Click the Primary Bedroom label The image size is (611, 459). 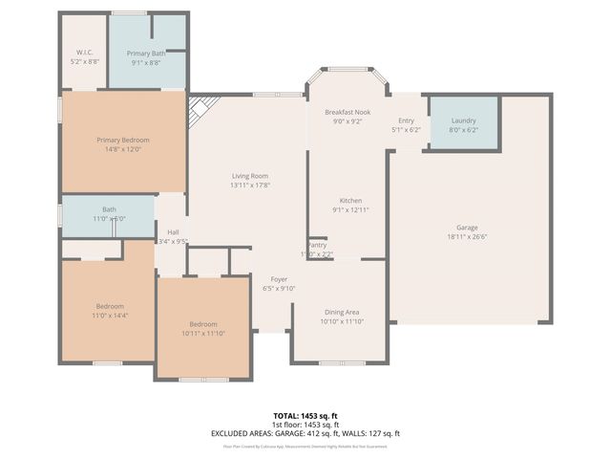point(123,140)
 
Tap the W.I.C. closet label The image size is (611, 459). point(83,53)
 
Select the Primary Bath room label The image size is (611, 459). point(146,54)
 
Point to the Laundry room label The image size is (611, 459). point(463,120)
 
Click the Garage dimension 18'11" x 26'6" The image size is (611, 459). point(467,237)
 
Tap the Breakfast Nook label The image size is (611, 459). point(345,112)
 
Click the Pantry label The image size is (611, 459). point(317,245)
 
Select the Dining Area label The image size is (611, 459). point(341,312)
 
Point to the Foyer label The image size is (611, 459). point(278,278)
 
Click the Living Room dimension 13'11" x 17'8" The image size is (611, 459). point(249,186)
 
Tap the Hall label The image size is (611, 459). point(173,232)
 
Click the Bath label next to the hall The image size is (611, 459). point(109,209)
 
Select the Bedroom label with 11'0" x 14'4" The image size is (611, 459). point(109,306)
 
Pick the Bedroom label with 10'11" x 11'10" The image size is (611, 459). point(203,324)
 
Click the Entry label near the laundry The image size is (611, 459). point(406,120)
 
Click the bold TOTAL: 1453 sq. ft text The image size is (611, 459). point(305,416)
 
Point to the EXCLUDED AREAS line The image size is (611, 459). point(305,433)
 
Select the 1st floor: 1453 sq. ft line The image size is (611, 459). point(305,425)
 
